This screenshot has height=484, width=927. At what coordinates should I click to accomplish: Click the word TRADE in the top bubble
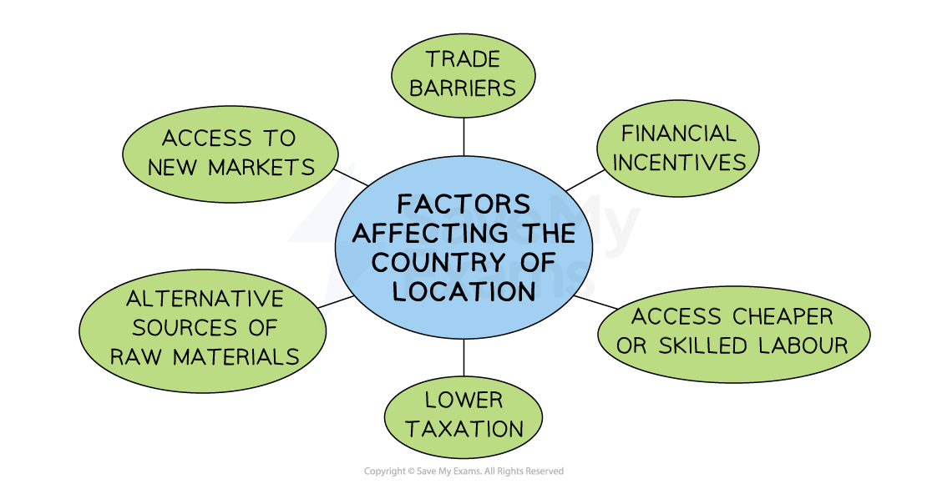(463, 59)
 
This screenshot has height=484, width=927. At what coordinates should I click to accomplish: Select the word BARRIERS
(463, 88)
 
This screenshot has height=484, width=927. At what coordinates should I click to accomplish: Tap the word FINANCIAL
(678, 134)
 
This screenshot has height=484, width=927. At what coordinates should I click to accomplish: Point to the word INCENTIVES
(678, 162)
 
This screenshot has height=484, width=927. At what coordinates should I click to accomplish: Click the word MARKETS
(261, 167)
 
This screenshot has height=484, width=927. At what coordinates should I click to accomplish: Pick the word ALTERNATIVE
(205, 298)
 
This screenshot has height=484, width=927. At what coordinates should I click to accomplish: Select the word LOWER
(463, 400)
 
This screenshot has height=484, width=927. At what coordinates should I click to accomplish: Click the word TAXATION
(463, 429)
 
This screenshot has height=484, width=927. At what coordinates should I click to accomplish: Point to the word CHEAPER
(782, 317)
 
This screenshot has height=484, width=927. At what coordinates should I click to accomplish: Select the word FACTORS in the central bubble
(463, 204)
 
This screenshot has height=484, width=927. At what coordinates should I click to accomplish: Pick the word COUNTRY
(438, 262)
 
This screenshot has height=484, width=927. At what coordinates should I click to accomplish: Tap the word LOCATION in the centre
(463, 291)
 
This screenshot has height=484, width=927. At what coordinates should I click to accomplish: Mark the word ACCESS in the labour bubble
(676, 317)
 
